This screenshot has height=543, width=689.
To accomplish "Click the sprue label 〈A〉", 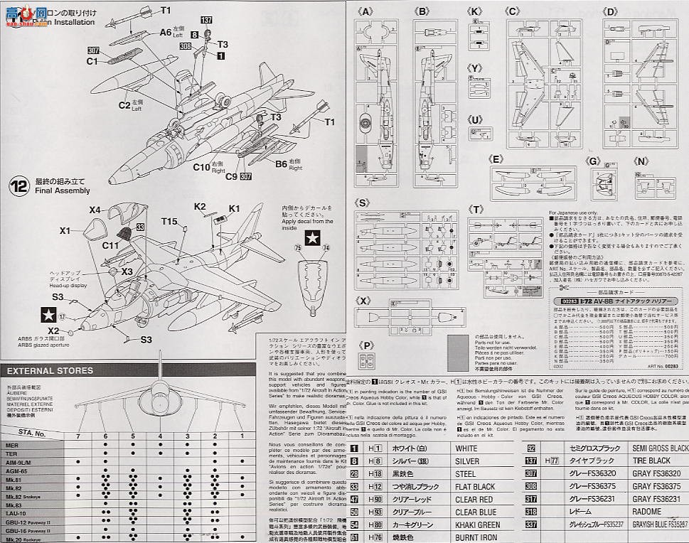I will click(365, 12).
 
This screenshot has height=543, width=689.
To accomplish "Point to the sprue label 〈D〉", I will click(609, 12).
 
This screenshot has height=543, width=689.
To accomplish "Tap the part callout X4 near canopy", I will click(95, 210).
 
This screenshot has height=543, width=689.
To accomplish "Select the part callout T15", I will click(169, 222).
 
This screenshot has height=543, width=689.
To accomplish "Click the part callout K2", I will click(201, 206).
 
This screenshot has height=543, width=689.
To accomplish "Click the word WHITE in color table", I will click(466, 449).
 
